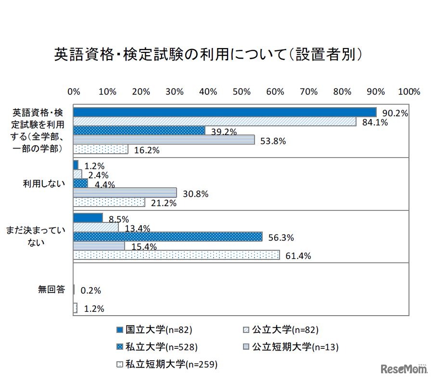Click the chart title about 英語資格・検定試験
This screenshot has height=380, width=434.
tap(207, 55)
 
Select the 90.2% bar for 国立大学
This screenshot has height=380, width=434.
tap(224, 112)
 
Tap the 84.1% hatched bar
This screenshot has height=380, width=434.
tap(215, 122)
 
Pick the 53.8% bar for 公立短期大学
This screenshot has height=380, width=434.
tap(164, 140)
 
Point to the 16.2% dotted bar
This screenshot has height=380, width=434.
tap(101, 149)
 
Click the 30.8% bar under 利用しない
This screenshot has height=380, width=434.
tap(125, 193)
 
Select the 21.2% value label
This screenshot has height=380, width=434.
tap(163, 203)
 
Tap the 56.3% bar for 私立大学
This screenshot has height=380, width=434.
tap(168, 236)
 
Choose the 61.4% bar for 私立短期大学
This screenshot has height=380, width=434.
tap(176, 255)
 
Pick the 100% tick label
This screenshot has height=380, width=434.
tap(409, 92)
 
